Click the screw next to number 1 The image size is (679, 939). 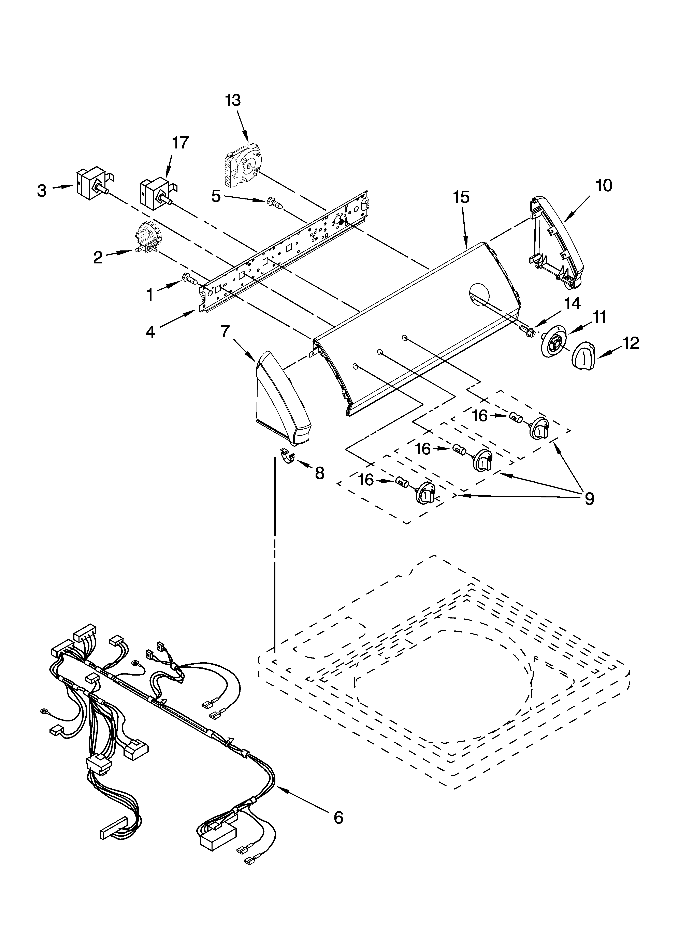tap(190, 278)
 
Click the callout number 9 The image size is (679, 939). tap(589, 498)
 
